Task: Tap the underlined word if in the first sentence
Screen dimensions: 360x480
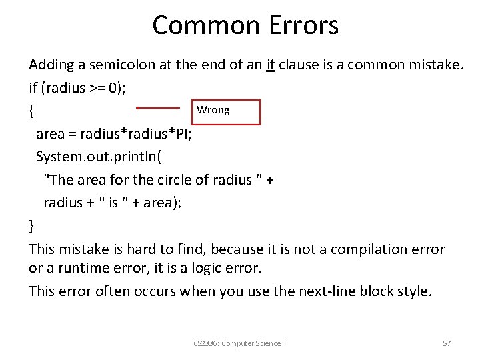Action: click(271, 65)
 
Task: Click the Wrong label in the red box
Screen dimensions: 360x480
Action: click(213, 110)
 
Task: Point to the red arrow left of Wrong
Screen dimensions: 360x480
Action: click(158, 107)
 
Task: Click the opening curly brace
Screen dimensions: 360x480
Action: click(32, 111)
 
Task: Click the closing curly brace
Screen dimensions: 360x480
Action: click(32, 226)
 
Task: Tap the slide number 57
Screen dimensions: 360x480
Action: click(447, 343)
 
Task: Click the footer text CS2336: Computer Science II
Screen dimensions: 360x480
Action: click(239, 343)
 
